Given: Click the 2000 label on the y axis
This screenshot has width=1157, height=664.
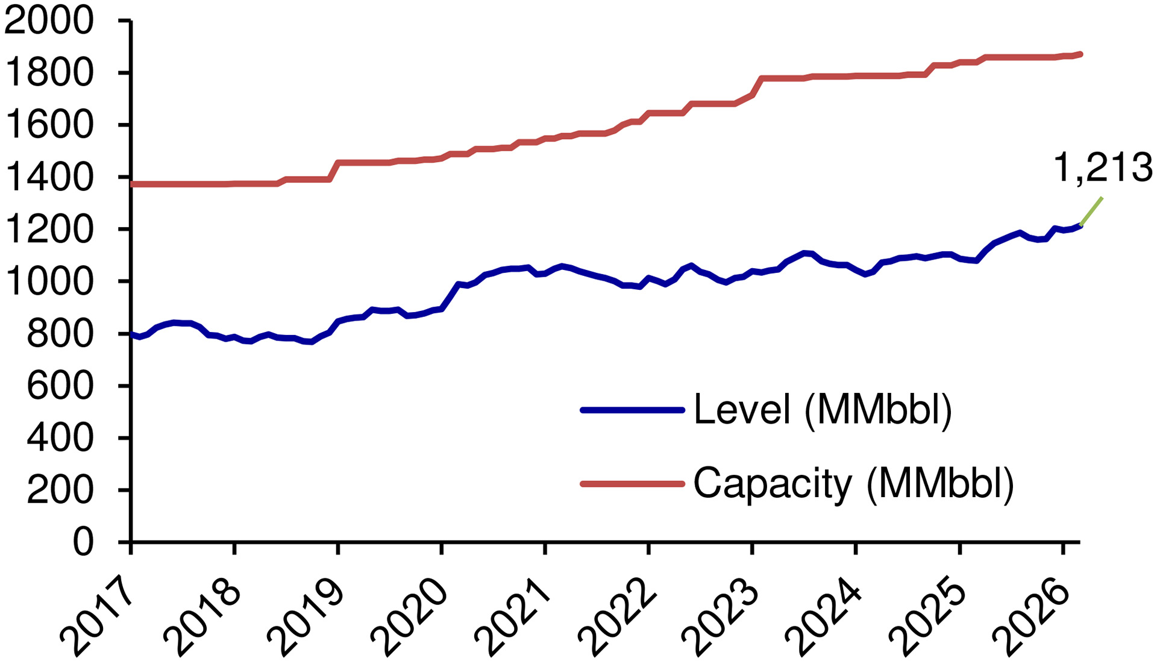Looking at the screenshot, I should tap(49, 22).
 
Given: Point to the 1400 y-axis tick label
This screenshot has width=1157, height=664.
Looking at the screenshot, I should tap(49, 177).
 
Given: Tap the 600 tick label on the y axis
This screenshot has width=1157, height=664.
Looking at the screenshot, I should tap(60, 386).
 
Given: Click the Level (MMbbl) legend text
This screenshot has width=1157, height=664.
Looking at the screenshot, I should tap(823, 410).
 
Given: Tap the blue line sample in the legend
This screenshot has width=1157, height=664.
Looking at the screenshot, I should tap(632, 410).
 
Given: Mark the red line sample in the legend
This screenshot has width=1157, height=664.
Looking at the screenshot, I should tap(632, 483).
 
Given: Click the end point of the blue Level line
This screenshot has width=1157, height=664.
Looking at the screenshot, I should tap(1081, 225).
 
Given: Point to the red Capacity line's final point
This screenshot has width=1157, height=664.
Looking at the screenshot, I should tap(1082, 54).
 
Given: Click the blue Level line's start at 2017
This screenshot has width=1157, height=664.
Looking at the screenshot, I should tap(132, 334).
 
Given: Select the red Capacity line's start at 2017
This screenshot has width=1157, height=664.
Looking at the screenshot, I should tap(132, 184).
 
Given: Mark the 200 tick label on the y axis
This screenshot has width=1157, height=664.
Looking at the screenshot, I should tap(60, 490).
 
